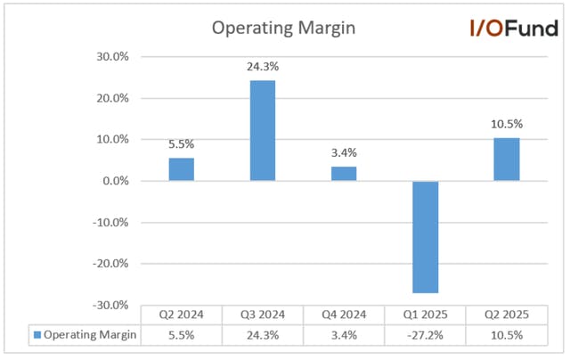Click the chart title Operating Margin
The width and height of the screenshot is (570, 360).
coord(283,29)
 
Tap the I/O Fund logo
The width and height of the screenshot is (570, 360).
coord(514,29)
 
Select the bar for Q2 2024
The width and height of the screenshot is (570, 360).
coord(182,169)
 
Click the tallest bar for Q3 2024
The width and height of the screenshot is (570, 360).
coord(263,131)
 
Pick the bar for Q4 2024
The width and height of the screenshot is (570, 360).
coord(344,174)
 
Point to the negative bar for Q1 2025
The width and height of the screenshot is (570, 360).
coord(426,237)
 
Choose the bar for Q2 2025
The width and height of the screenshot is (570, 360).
coord(507,160)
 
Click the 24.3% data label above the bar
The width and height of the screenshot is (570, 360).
coord(263,67)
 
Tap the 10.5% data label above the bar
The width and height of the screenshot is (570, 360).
coord(507,124)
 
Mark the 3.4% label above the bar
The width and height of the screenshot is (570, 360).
coord(344,152)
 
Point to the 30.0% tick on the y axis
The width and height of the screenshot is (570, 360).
coord(112,57)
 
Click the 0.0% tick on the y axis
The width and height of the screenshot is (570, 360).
coord(116,181)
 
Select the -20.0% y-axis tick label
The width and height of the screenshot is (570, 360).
coord(110,264)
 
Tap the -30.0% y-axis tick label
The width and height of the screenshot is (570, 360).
coord(110,305)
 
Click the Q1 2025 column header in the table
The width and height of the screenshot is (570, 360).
coord(426,315)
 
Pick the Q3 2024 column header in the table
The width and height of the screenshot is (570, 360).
coord(263,315)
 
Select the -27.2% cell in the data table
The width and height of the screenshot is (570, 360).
coord(426,335)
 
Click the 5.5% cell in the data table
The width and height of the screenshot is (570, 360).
coord(182,335)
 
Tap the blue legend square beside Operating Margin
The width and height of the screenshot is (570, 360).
coord(37,334)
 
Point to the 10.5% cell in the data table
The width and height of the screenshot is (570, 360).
coord(507,335)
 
